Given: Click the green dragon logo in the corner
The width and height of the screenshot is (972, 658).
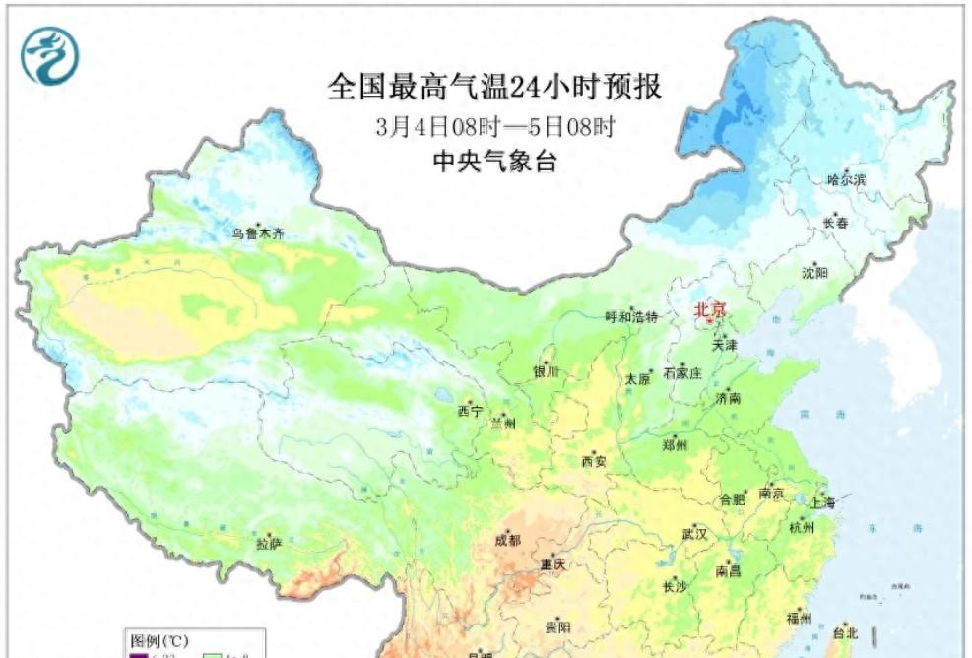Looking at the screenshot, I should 49,54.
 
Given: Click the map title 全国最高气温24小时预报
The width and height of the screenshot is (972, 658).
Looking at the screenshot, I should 494,87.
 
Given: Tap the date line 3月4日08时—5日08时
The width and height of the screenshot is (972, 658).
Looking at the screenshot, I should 495,126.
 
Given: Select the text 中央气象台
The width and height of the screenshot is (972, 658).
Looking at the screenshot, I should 495,162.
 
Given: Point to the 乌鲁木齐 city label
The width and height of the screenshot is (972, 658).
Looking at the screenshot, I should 258,233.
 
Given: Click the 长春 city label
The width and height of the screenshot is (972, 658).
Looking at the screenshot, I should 835,223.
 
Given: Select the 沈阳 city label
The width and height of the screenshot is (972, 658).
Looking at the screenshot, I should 815,271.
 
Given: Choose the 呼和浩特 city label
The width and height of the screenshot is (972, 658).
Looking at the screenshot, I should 631,316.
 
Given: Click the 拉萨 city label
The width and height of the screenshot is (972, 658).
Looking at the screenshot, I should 270,543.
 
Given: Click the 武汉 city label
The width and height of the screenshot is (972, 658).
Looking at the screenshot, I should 694,533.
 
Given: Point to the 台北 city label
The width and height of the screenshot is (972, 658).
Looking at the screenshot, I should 846,632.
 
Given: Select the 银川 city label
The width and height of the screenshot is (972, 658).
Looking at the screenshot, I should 546,371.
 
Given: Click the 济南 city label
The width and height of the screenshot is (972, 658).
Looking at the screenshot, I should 730,399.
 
